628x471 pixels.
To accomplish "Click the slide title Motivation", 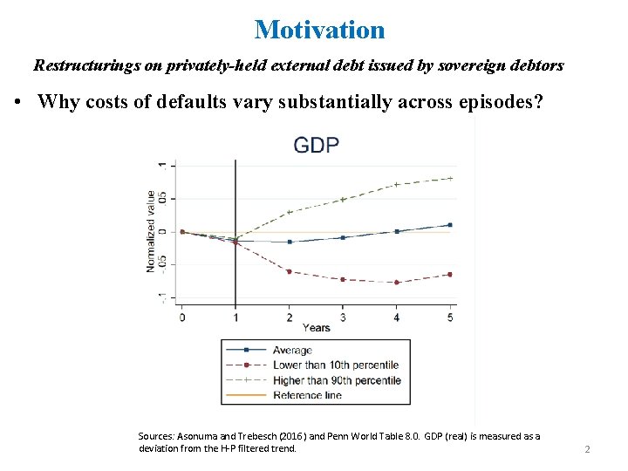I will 319,30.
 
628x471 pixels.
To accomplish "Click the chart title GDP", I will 316,145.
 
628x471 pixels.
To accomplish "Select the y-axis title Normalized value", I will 151,231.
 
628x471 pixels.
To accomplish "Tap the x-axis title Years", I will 316,328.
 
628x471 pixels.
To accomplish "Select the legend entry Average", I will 292,351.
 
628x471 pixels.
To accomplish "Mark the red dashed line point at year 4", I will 397,283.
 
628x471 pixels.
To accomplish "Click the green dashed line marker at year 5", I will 450,178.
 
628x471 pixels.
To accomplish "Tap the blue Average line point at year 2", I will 290,242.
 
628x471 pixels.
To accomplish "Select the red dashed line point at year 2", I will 290,271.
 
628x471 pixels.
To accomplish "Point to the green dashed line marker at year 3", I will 343,199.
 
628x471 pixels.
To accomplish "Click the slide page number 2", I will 587,449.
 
